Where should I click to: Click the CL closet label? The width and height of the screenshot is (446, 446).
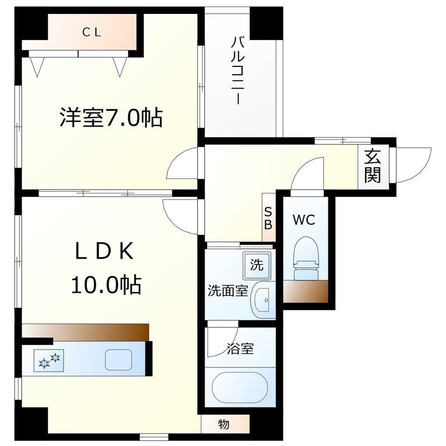click(92, 32)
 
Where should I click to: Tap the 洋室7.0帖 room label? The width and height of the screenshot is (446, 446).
click(111, 118)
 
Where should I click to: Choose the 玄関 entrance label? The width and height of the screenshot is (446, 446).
click(372, 167)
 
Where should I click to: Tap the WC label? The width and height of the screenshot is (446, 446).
click(304, 220)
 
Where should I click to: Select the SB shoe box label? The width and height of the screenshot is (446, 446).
click(268, 218)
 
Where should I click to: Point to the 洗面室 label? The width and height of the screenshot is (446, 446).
click(227, 291)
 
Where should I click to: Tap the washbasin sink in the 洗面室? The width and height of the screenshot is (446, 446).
click(263, 300)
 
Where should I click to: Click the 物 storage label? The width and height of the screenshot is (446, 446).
click(223, 424)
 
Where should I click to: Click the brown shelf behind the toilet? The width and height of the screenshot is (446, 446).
click(305, 290)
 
